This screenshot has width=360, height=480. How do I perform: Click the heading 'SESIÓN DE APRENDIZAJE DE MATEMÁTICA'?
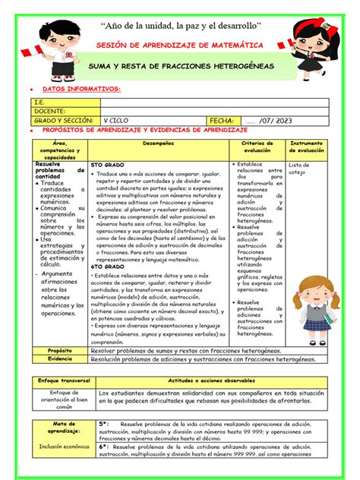tap(180, 46)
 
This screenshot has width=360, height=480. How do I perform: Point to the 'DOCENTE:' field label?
tap(49, 110)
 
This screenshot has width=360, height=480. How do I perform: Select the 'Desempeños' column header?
tap(157, 144)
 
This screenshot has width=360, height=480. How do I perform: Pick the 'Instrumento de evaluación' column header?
tap(308, 147)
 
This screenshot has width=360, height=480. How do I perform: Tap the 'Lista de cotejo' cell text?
tap(298, 168)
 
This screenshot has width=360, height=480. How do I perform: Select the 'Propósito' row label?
tap(59, 351)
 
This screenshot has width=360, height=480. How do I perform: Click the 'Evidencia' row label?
tap(59, 358)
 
